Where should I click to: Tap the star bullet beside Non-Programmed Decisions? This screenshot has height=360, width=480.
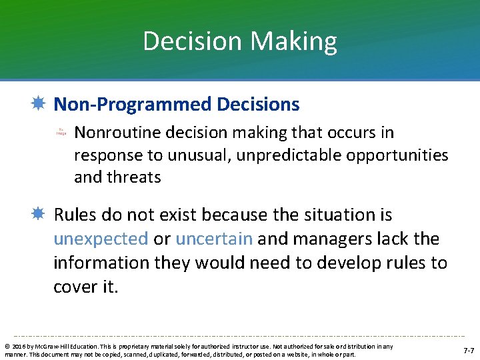point(39,105)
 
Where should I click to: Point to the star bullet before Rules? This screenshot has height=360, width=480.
point(39,215)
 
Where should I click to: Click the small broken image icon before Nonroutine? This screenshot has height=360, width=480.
point(61,133)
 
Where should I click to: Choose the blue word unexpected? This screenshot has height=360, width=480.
point(101,239)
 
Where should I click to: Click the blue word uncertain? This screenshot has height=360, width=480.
point(214,239)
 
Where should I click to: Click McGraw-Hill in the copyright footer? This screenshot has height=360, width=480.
point(45,346)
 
